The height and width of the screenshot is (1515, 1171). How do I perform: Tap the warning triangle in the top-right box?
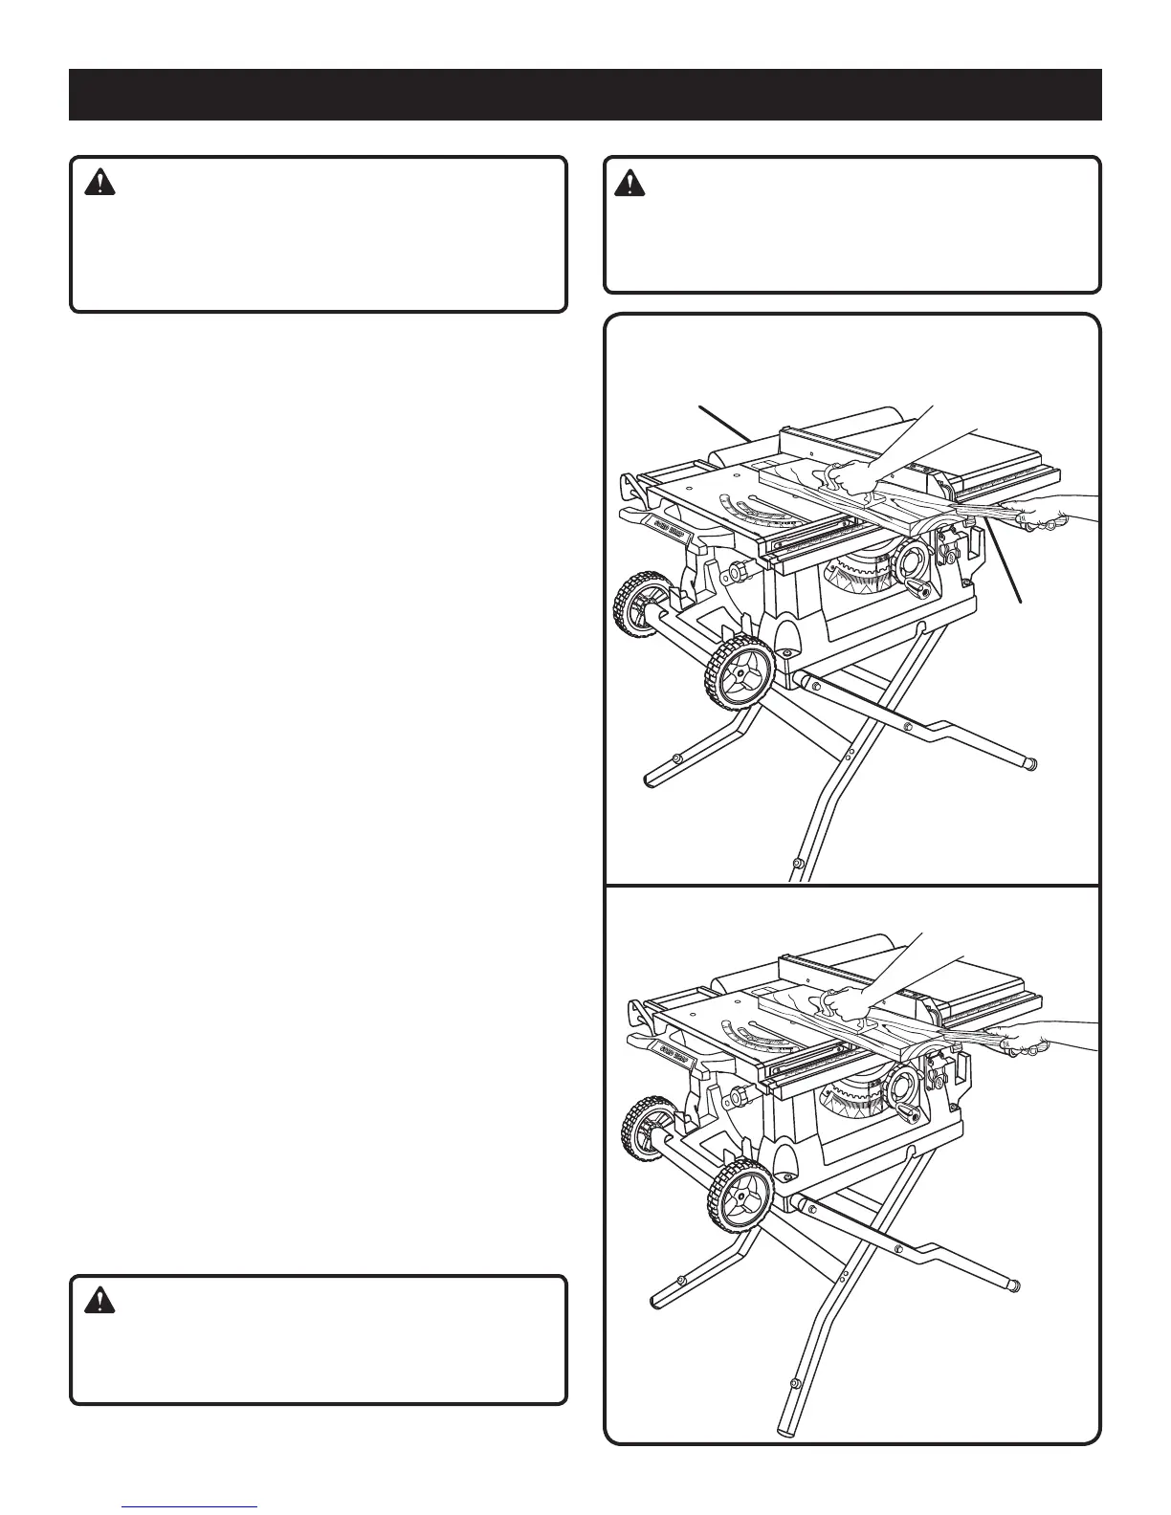coord(629,183)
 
